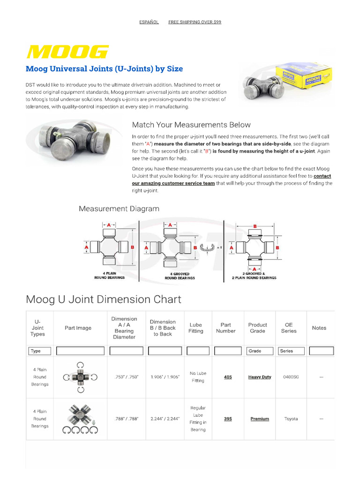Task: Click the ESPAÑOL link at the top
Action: (149, 22)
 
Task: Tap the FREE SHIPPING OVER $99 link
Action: (195, 22)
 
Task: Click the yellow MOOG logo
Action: (67, 52)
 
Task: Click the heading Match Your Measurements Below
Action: (191, 125)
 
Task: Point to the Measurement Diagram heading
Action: (119, 209)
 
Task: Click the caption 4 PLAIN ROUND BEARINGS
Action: (110, 276)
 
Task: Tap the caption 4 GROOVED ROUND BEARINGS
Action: (180, 276)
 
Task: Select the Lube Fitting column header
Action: (196, 328)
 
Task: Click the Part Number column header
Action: (225, 328)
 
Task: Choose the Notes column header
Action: (319, 328)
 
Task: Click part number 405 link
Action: (228, 377)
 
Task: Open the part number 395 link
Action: (228, 419)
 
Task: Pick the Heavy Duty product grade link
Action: (260, 377)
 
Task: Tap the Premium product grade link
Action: (260, 419)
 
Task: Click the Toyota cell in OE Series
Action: (291, 419)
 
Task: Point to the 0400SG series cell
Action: (291, 377)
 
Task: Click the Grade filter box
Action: (260, 351)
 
